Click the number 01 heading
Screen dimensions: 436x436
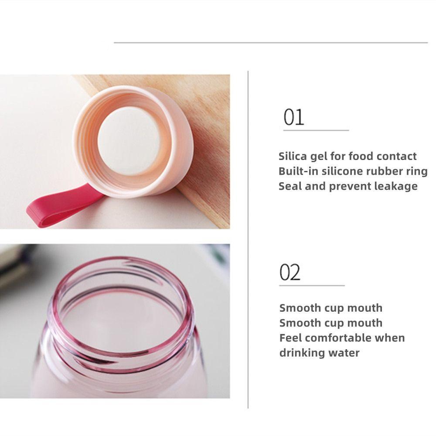(x=293, y=117)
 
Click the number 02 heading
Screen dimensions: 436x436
(x=290, y=272)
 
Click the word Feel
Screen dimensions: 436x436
(x=290, y=338)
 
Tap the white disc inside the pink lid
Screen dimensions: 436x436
(x=129, y=141)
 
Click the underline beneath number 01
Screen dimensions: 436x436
(x=316, y=130)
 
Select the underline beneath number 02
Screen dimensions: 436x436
(x=312, y=285)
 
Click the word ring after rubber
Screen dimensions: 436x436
(x=417, y=171)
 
